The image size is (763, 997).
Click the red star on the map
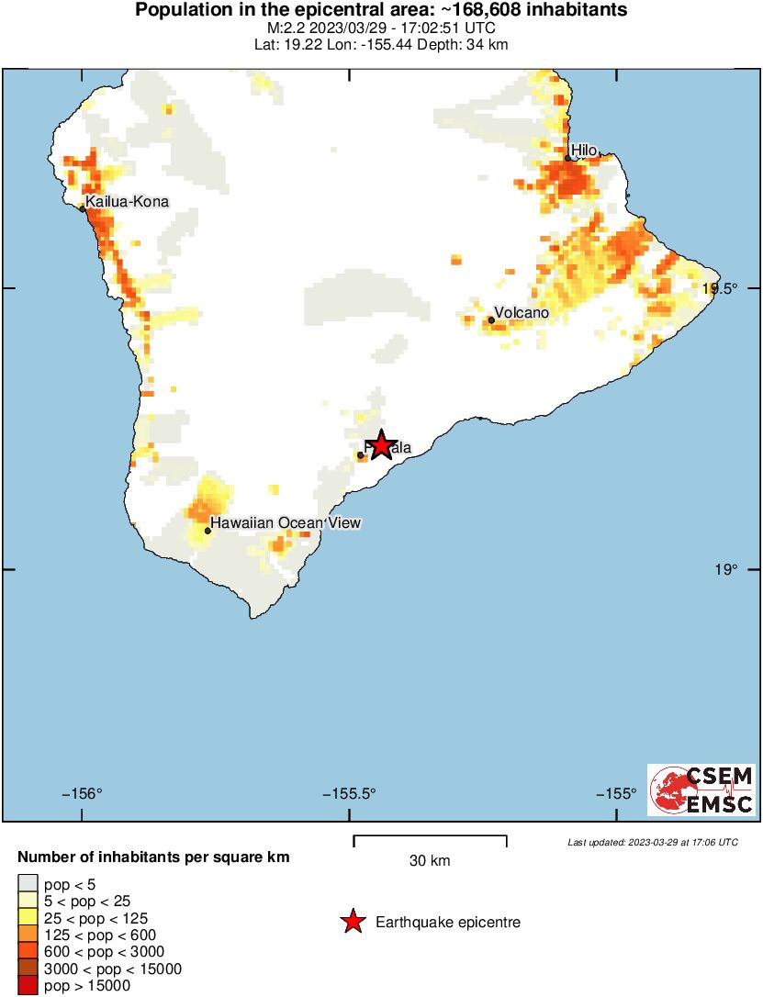[x=381, y=445]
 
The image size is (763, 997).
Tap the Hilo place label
[x=584, y=150]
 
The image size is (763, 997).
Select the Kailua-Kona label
[x=127, y=201]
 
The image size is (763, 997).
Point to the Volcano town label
[x=522, y=313]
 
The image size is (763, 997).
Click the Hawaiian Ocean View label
[x=286, y=523]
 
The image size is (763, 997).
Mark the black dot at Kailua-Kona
[x=83, y=209]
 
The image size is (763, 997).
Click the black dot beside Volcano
[x=492, y=320]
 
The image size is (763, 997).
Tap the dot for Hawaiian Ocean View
[x=208, y=531]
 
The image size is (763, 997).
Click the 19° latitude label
[x=725, y=570]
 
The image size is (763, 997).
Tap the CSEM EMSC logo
[x=701, y=790]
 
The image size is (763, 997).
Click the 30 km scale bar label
[x=430, y=861]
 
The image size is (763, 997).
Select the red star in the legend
[x=353, y=922]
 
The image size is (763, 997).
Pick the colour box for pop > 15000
[x=28, y=986]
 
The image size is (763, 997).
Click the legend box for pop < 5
[x=28, y=885]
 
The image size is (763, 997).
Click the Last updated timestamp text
[x=652, y=842]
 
